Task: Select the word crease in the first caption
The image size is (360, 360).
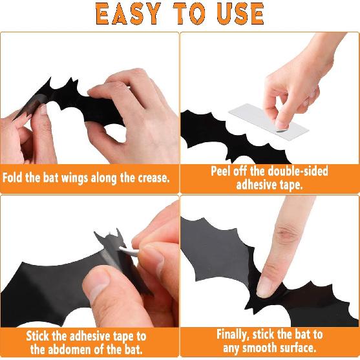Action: point(148,177)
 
